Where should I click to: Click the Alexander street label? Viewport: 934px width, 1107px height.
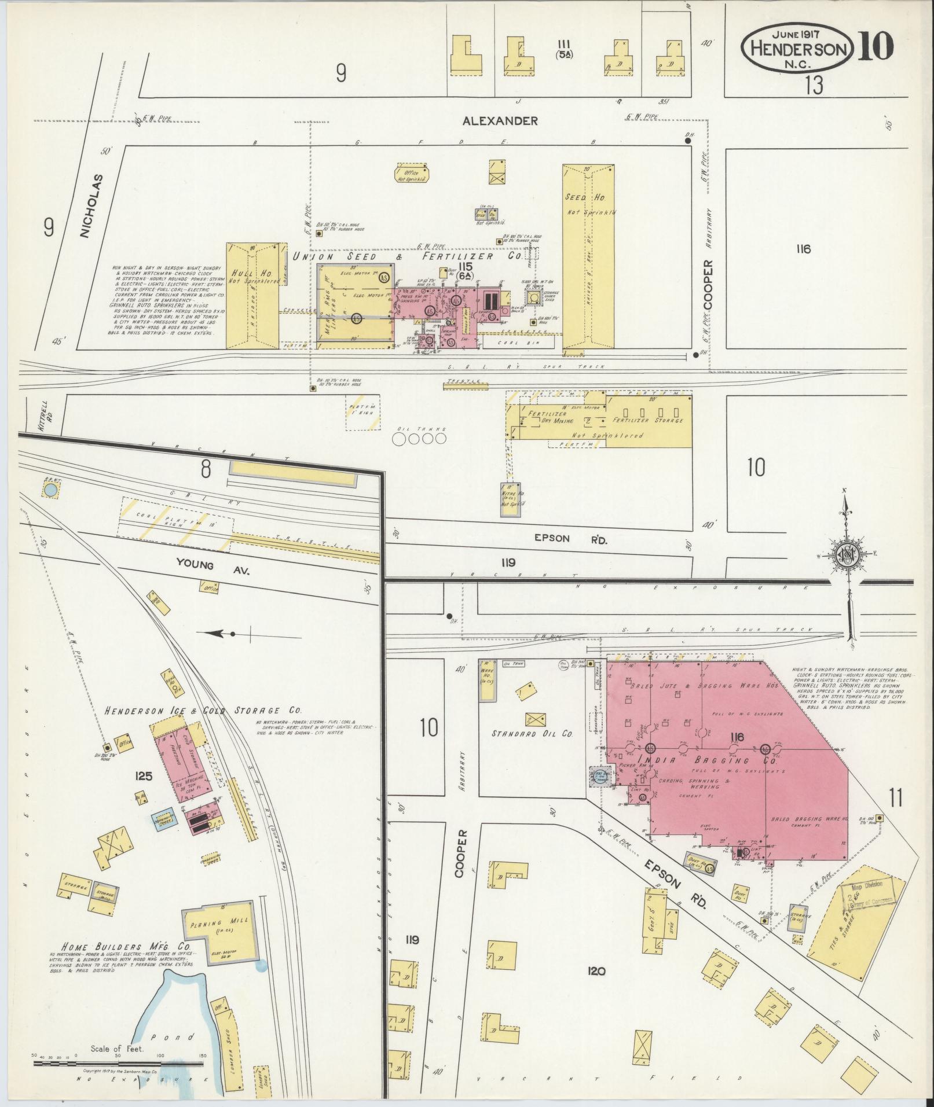point(500,121)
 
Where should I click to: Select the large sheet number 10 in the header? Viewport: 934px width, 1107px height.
point(875,46)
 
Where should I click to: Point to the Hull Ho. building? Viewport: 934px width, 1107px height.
point(254,295)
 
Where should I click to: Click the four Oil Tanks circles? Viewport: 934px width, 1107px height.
point(421,439)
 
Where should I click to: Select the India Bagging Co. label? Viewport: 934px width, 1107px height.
point(693,760)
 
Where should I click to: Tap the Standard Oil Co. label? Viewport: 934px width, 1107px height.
point(532,734)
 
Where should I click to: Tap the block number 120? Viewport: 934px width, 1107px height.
point(596,971)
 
